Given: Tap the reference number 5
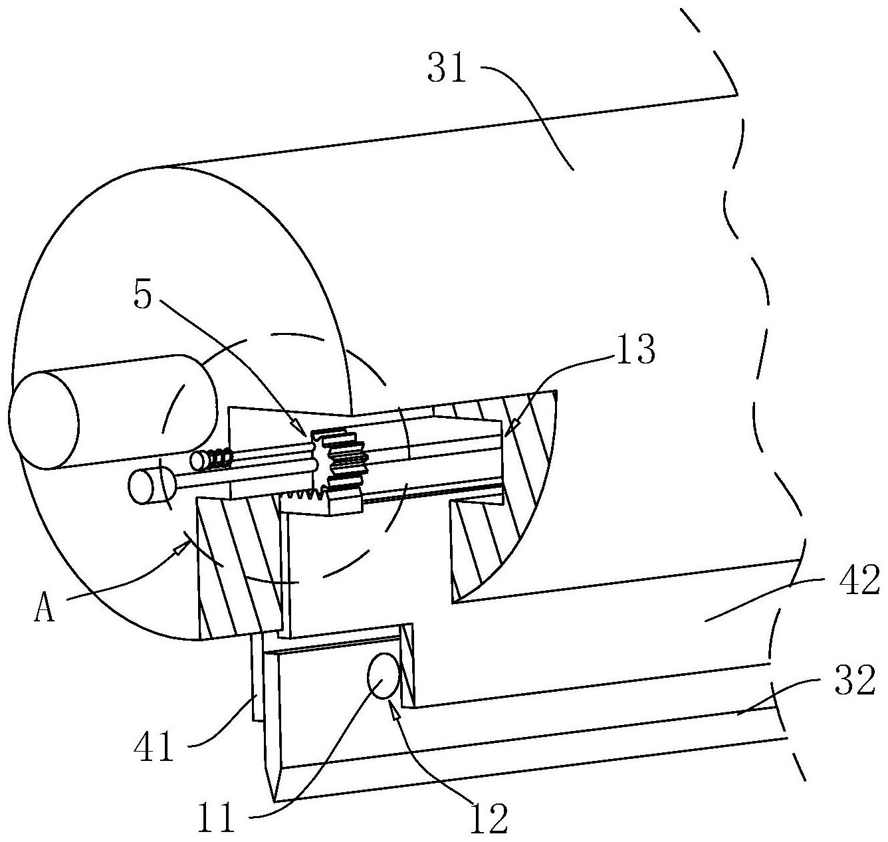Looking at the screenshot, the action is [x=143, y=296].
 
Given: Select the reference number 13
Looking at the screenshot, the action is [x=635, y=350].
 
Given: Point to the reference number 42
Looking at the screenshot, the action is [x=859, y=580].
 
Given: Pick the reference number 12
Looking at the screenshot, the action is [x=489, y=818].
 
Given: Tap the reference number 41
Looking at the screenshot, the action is [x=154, y=747].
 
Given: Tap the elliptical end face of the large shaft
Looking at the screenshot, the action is [x=43, y=419].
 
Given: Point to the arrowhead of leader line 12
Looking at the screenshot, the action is [x=395, y=713].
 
